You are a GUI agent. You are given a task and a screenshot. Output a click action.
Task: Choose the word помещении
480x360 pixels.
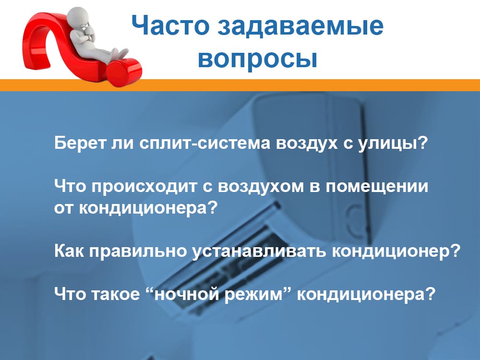(377, 187)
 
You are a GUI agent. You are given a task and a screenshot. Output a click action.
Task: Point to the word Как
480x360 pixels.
(68, 252)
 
